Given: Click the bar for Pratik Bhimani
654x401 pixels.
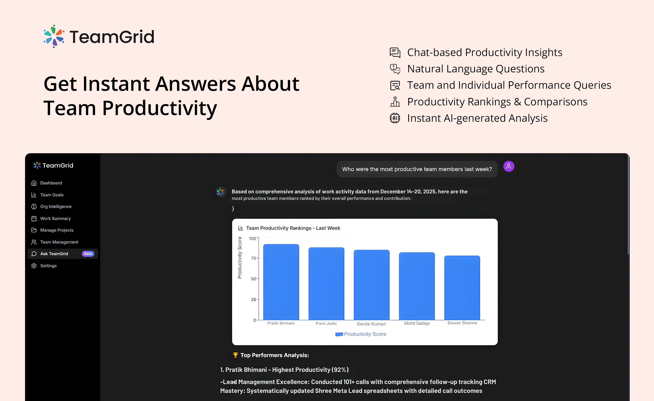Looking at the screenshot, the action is coord(281,282).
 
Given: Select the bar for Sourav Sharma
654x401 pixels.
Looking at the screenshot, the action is coord(462,288).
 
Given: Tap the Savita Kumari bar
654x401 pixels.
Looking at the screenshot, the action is coord(372,285).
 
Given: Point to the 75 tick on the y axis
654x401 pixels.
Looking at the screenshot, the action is coord(253,258).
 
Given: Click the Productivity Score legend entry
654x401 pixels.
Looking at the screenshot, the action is coord(361,334).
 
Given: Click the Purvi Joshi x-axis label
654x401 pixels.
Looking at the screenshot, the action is coord(326,324).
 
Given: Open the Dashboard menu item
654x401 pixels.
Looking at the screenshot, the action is coord(51,183).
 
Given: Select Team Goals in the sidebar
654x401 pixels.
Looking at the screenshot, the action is coord(52,195).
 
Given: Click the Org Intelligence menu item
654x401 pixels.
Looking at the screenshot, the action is coord(56,206).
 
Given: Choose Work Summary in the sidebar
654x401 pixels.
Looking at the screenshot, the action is coord(55,218).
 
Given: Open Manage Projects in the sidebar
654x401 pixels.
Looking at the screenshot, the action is coord(57,230).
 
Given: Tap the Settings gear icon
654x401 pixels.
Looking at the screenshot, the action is coord(34,266).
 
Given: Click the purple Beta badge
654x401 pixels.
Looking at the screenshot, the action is coord(88,254).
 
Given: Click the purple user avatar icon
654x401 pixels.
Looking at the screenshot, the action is coord(509,166).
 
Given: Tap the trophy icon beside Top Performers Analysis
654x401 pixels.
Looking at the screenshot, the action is coord(236,355).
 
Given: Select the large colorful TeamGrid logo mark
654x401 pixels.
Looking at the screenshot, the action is coord(54,36).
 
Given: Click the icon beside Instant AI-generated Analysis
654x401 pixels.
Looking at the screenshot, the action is coord(395,118).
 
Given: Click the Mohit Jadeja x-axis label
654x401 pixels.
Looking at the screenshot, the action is coord(417,324).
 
